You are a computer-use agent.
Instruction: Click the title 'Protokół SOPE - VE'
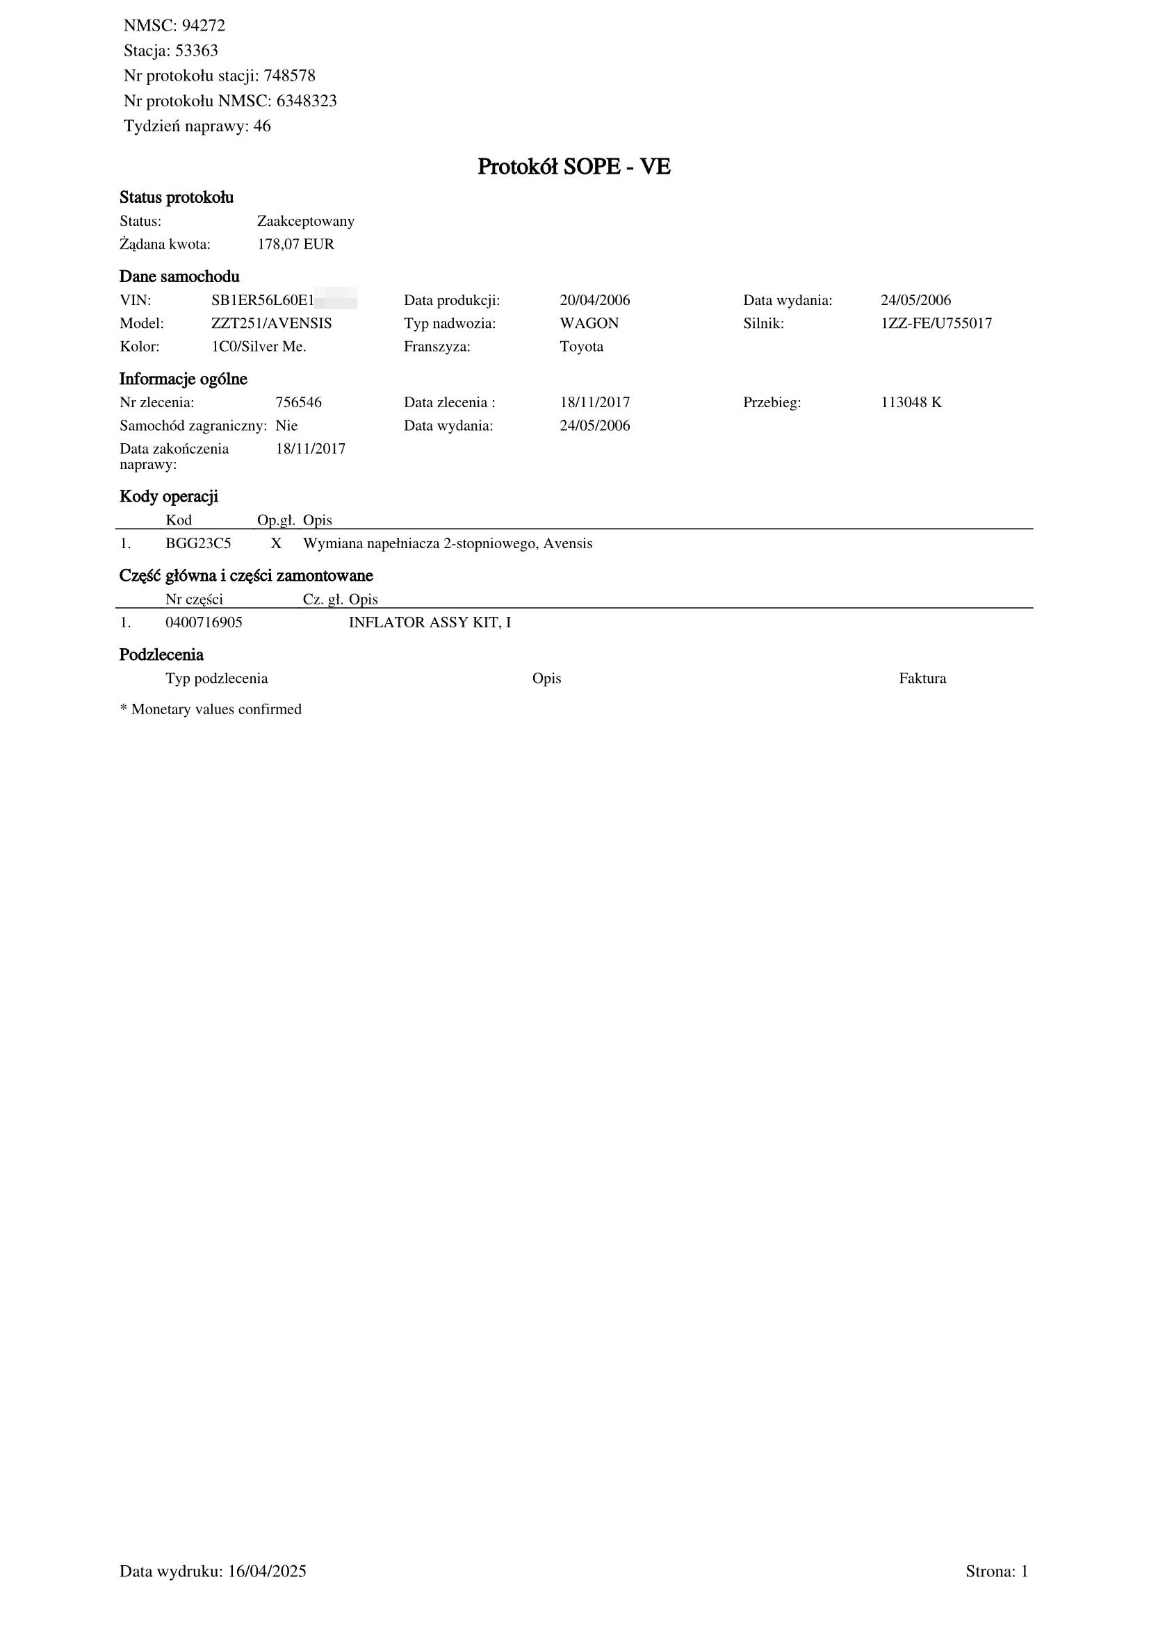click(x=573, y=167)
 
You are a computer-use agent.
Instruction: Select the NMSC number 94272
click(x=203, y=26)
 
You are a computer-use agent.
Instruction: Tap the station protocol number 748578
click(x=289, y=76)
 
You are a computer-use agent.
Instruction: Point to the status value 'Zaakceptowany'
click(x=305, y=222)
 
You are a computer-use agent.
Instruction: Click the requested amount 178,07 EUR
click(x=295, y=245)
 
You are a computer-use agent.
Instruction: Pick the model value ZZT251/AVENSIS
click(x=271, y=324)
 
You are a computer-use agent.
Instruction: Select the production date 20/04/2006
click(x=594, y=301)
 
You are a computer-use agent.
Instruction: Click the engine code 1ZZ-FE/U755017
click(x=936, y=324)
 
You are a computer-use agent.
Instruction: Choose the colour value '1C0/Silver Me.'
click(x=259, y=347)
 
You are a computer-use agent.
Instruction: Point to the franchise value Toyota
click(x=581, y=347)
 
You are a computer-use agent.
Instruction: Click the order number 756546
click(x=298, y=403)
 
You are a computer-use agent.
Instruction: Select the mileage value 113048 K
click(x=911, y=403)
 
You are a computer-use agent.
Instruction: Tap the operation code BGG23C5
click(x=198, y=544)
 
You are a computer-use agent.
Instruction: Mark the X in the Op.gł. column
click(x=276, y=544)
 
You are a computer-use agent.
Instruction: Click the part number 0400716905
click(x=204, y=622)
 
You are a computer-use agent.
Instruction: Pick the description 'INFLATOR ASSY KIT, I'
click(x=430, y=622)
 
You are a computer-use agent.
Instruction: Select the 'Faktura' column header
click(x=922, y=679)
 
